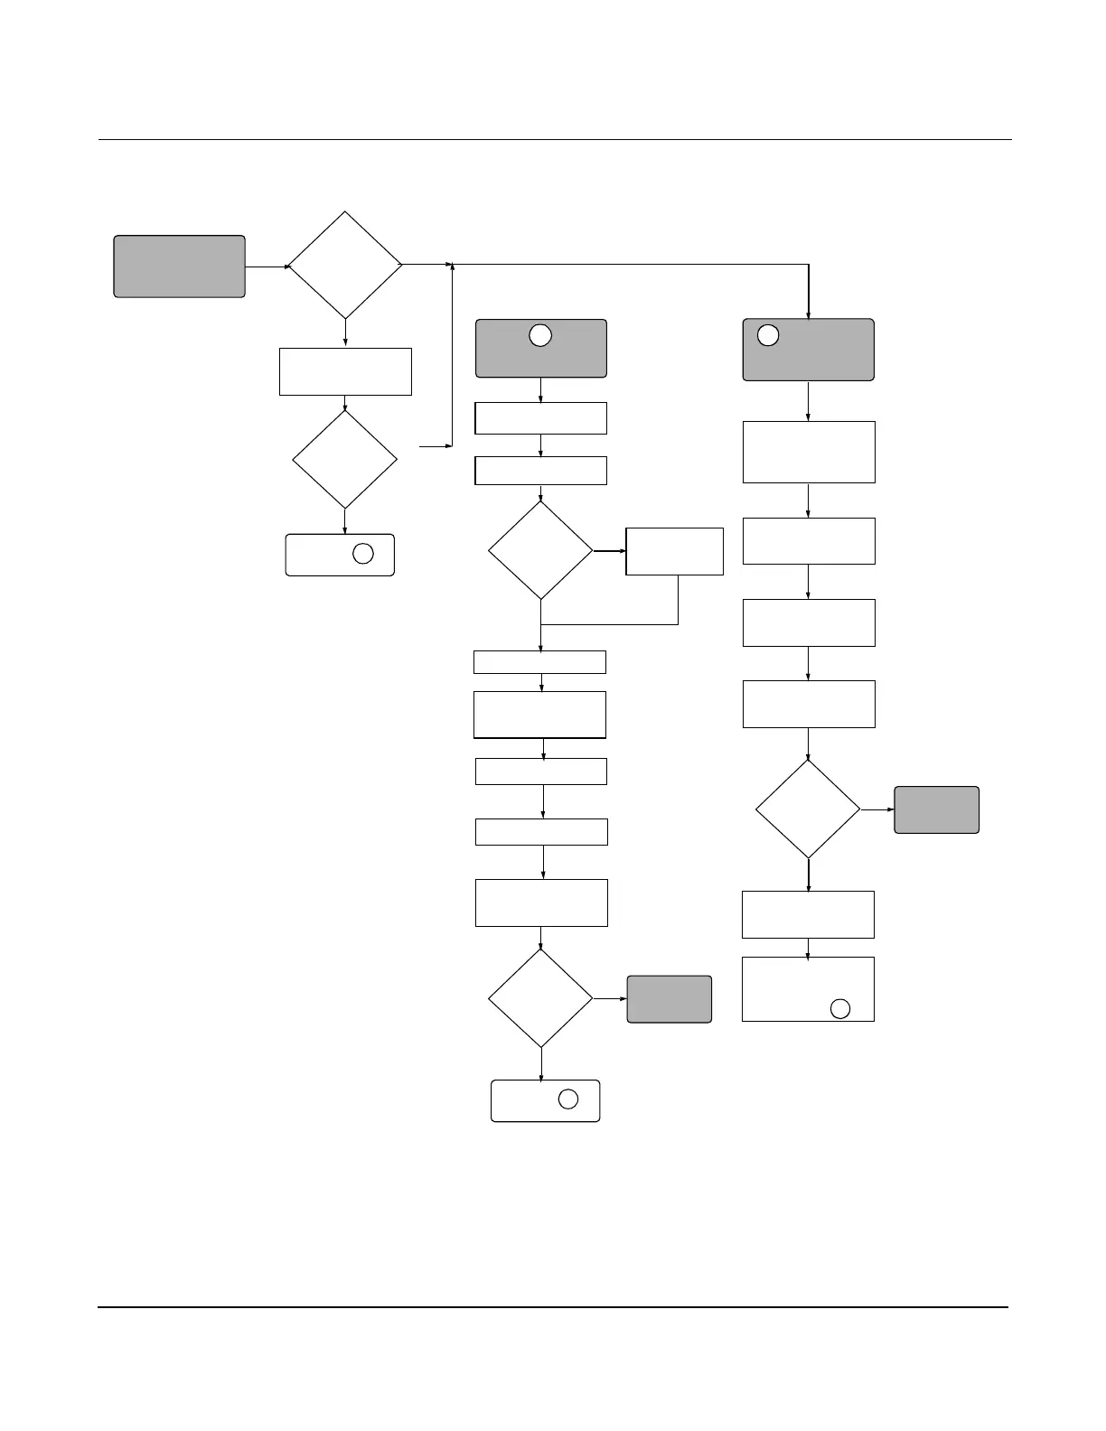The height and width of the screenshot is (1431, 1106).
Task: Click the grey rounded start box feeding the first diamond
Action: pyautogui.click(x=179, y=267)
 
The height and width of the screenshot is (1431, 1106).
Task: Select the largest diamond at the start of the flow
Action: pyautogui.click(x=344, y=266)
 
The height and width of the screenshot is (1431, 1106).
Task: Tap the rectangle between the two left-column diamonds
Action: pyautogui.click(x=345, y=371)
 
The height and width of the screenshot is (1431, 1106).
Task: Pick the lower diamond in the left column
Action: pyautogui.click(x=344, y=460)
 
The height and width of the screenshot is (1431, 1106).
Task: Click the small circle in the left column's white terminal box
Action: pyautogui.click(x=362, y=554)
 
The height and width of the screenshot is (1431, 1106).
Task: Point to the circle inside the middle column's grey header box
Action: pyautogui.click(x=539, y=335)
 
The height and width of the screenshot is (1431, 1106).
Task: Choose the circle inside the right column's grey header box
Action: pyautogui.click(x=767, y=335)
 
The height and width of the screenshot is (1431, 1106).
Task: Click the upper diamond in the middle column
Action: pyautogui.click(x=540, y=550)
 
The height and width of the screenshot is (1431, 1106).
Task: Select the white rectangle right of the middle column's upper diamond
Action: pyautogui.click(x=674, y=551)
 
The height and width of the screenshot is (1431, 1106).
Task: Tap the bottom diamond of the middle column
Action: pyautogui.click(x=540, y=998)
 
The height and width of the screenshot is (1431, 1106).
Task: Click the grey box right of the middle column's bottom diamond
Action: pyautogui.click(x=669, y=999)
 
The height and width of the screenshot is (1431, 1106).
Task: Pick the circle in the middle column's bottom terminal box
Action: pyautogui.click(x=567, y=1099)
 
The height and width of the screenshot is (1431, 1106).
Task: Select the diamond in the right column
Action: pyautogui.click(x=808, y=809)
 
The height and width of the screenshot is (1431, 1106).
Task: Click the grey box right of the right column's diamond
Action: pyautogui.click(x=936, y=809)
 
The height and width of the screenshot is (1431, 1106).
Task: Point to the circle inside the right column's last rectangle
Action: pyautogui.click(x=839, y=1009)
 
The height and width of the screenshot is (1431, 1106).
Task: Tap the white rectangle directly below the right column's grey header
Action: pyautogui.click(x=809, y=452)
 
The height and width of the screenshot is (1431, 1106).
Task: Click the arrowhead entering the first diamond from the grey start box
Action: pyautogui.click(x=287, y=267)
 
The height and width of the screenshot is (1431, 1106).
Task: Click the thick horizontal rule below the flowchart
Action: pyautogui.click(x=553, y=1306)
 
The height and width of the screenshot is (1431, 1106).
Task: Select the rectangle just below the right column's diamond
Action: pyautogui.click(x=808, y=914)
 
